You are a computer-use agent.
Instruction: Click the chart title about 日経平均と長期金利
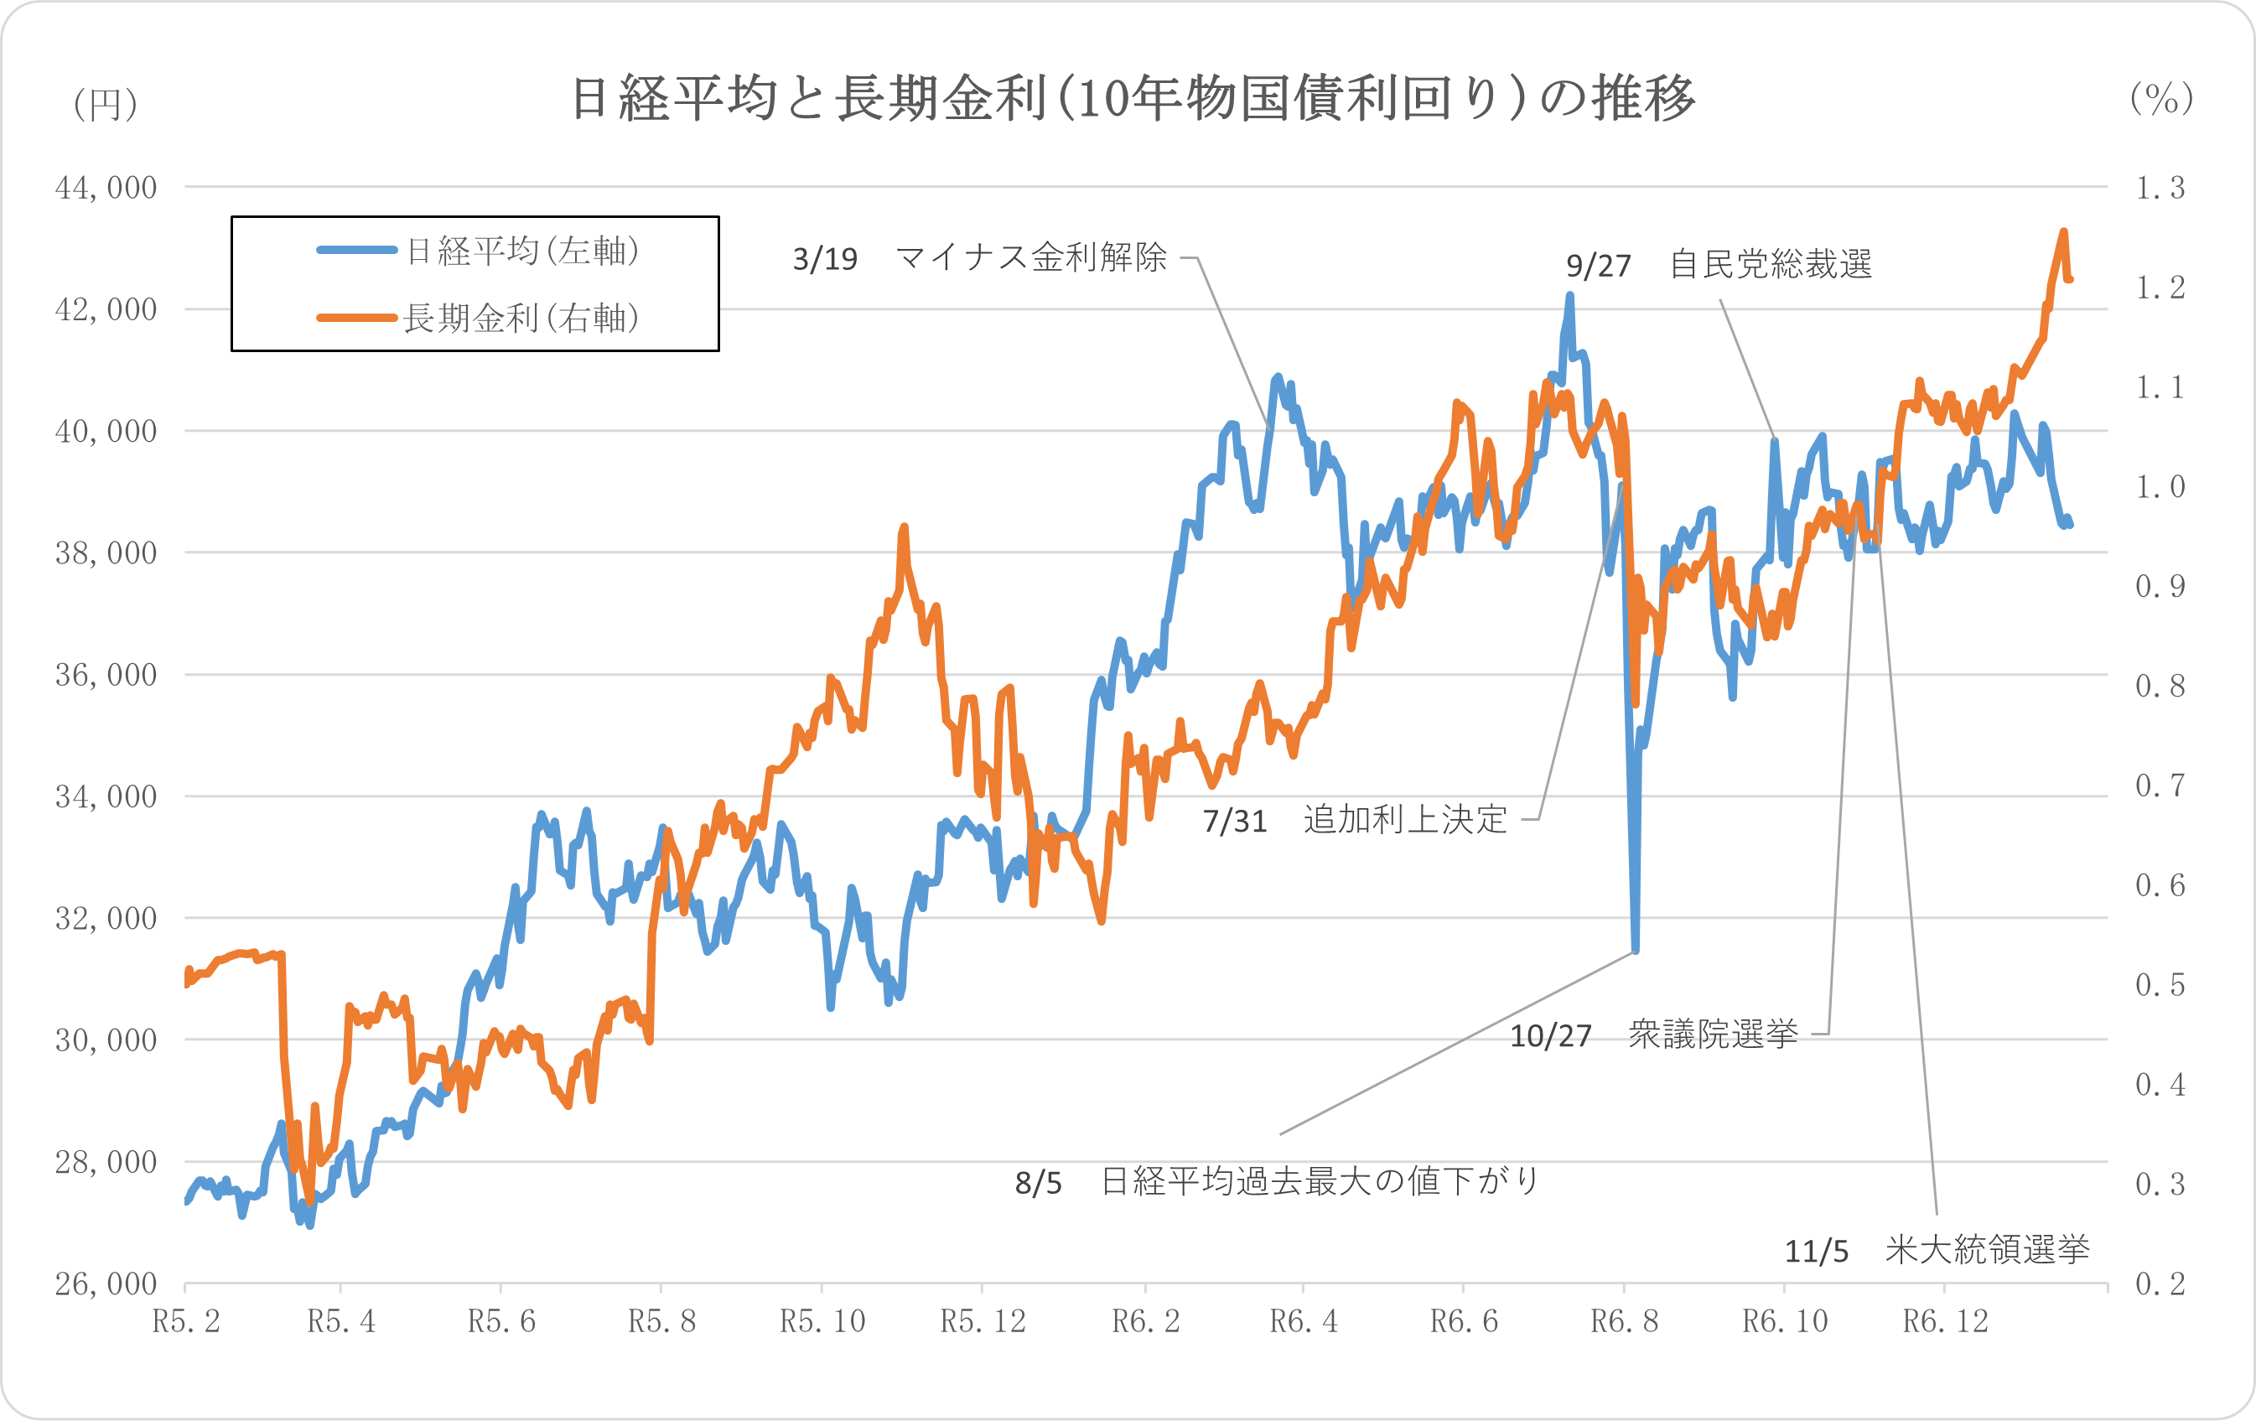pos(1132,98)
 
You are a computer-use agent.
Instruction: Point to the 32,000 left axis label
pos(106,919)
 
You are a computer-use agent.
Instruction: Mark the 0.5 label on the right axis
pos(2160,984)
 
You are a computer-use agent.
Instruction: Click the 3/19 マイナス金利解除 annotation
pos(980,257)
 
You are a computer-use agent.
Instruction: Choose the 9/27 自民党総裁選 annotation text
pos(1719,265)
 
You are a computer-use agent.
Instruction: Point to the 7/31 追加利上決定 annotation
pos(1355,821)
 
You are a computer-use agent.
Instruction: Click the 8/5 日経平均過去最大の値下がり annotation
pos(1276,1182)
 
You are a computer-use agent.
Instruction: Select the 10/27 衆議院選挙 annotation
pos(1653,1035)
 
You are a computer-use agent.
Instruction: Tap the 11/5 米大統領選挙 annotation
pos(1937,1251)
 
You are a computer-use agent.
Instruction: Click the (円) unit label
pos(106,104)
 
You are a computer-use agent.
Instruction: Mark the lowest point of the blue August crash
pos(1635,951)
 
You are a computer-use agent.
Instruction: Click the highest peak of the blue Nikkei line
pos(1569,296)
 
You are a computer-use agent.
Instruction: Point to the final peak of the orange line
pos(2063,231)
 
